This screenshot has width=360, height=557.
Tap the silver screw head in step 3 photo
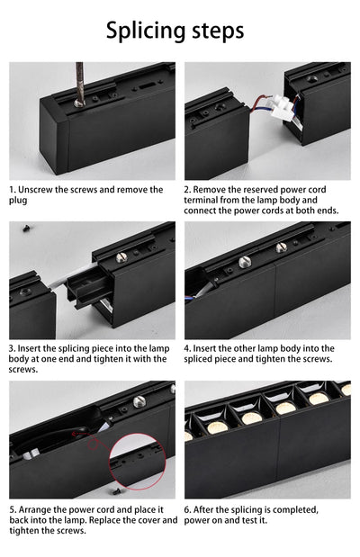[x=121, y=257]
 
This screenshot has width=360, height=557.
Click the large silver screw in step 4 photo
[x=244, y=262]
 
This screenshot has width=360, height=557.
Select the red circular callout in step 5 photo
[x=137, y=460]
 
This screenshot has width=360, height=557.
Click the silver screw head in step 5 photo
[x=139, y=401]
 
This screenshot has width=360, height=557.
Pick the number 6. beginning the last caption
[x=188, y=508]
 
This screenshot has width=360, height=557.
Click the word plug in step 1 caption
[x=18, y=200]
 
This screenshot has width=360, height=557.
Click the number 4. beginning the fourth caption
[x=188, y=348]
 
